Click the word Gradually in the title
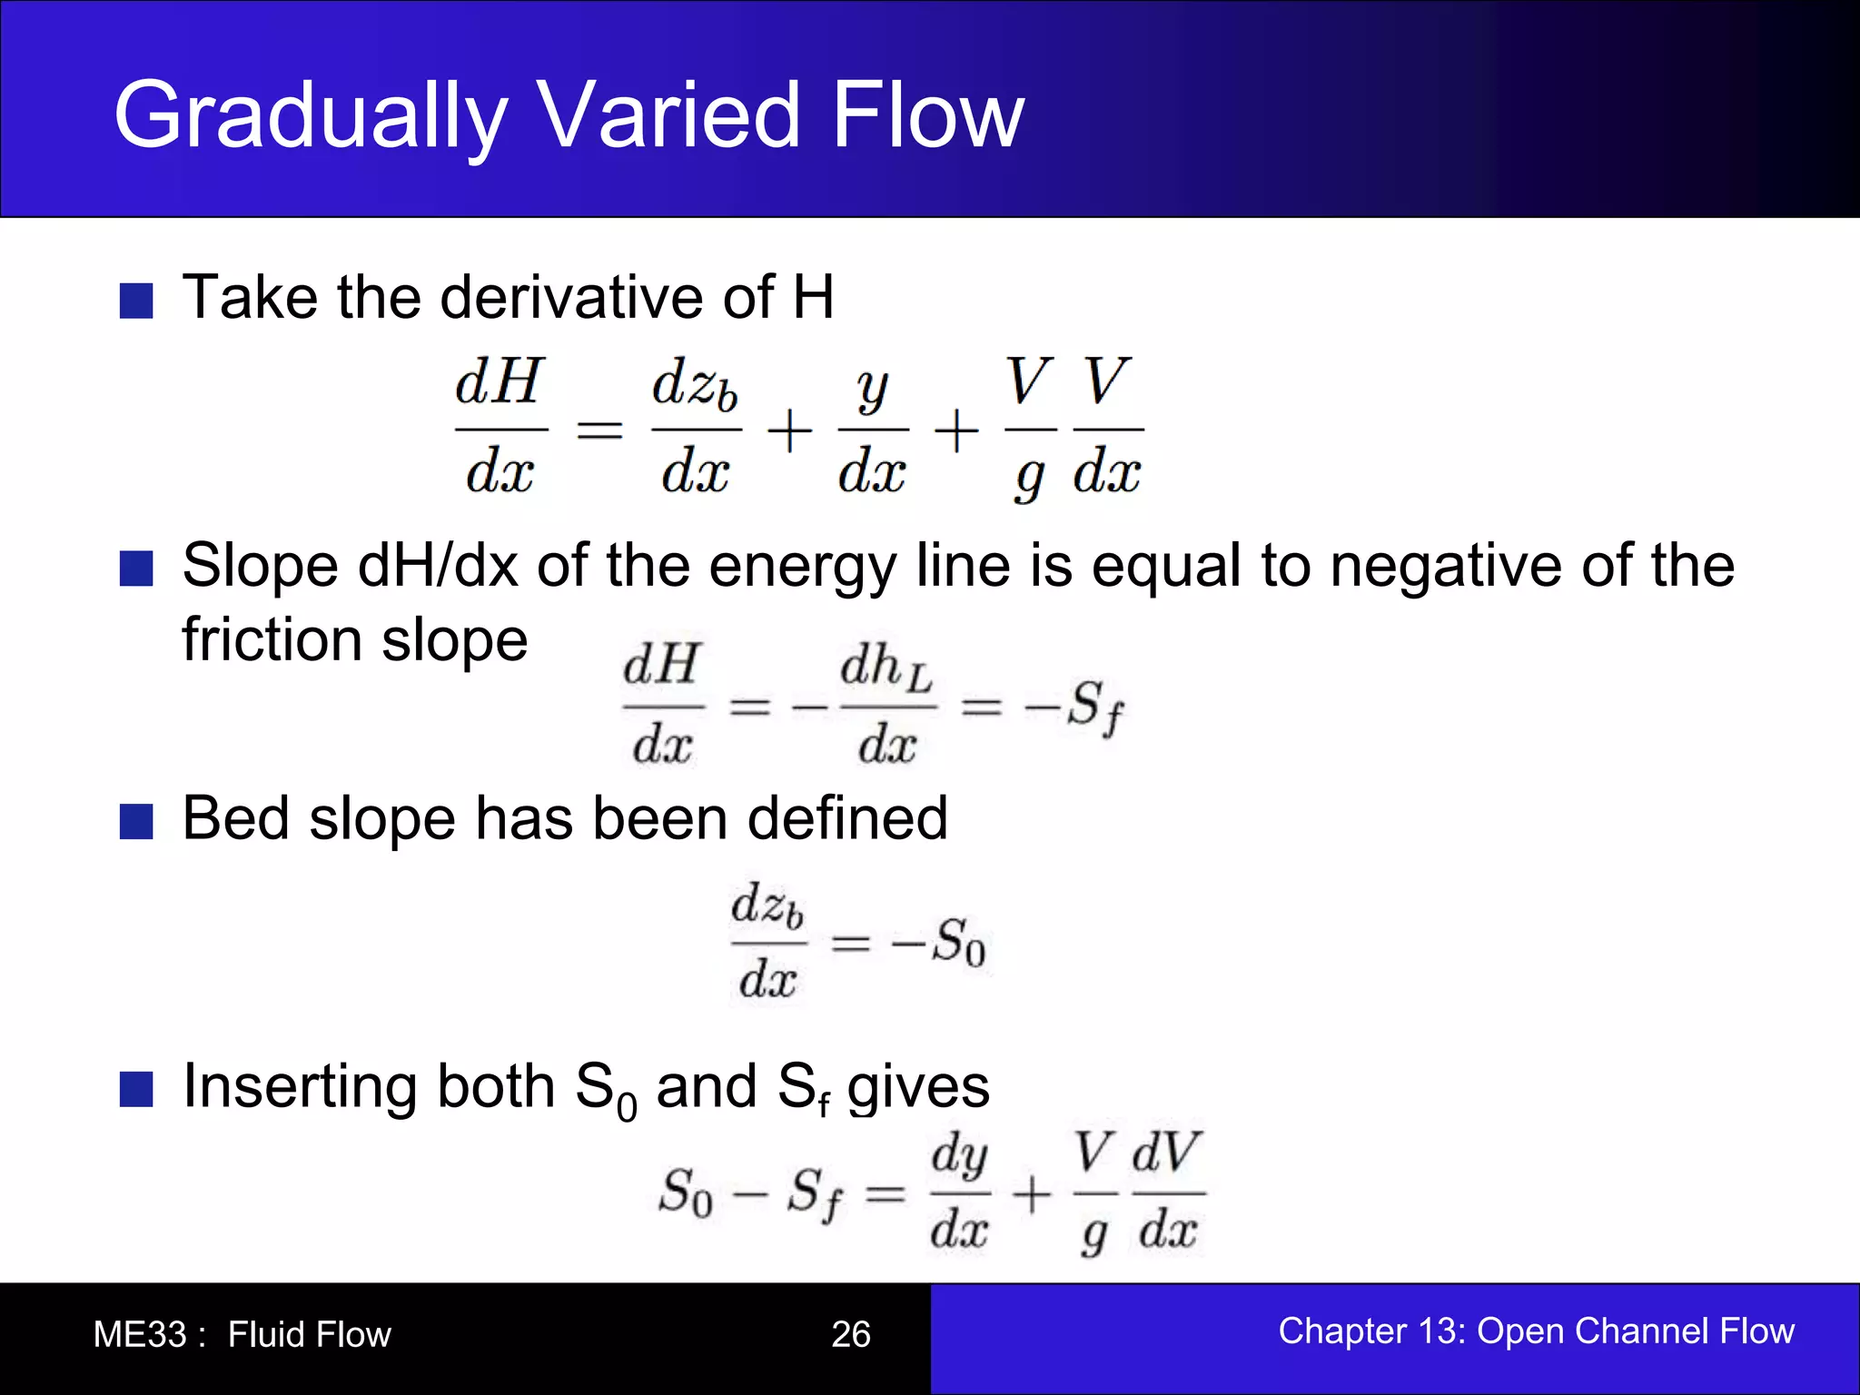point(309,115)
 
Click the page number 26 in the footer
point(851,1334)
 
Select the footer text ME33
point(140,1334)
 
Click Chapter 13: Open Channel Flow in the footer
point(1536,1331)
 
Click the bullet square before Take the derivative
point(136,301)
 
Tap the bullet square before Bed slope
point(136,821)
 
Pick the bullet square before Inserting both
point(136,1089)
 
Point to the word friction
point(272,639)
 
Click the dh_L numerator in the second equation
point(885,668)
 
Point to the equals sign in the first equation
point(599,429)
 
